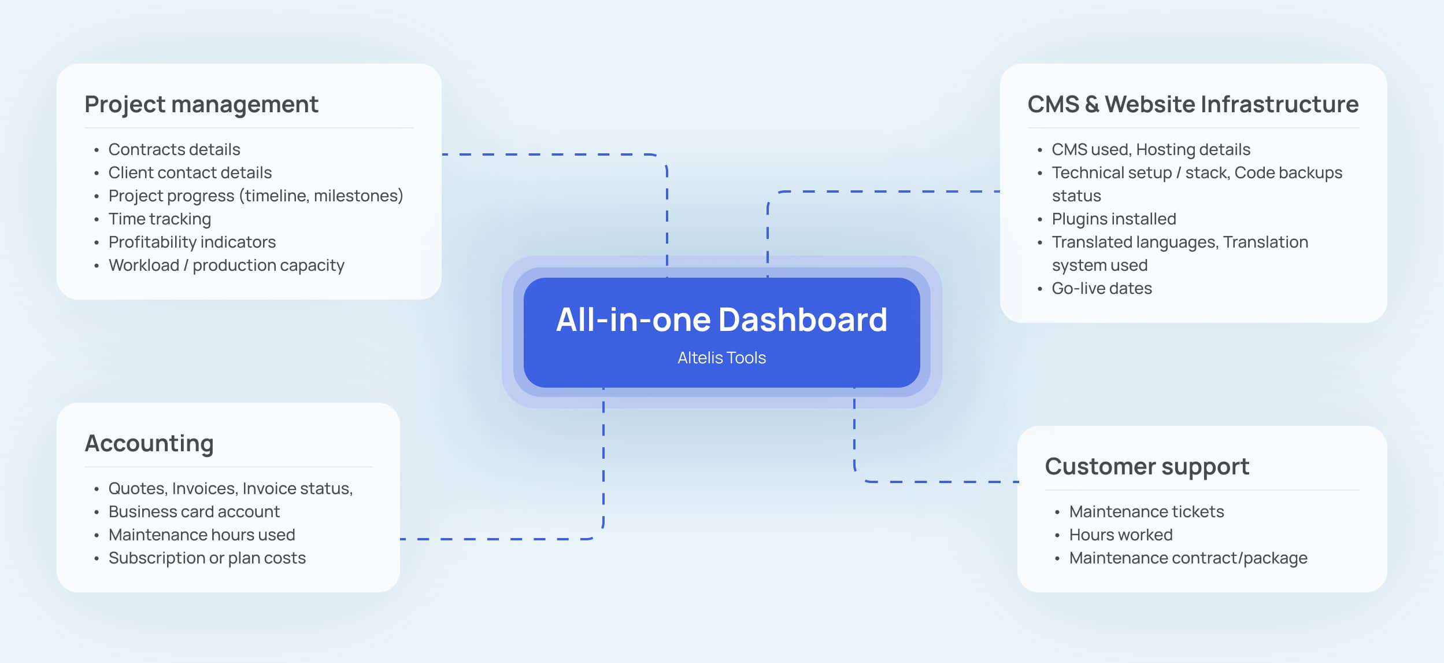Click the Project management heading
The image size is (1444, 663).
201,105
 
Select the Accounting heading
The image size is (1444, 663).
149,444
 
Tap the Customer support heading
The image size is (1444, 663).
1147,467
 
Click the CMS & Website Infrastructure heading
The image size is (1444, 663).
1193,105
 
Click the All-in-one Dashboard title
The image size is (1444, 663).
721,320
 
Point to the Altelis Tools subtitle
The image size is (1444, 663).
721,358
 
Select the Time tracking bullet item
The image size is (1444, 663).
160,219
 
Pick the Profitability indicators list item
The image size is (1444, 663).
192,242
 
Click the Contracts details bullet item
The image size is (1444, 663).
174,150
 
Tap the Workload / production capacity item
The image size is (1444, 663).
226,266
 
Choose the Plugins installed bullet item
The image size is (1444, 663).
1113,219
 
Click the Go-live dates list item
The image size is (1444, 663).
1101,289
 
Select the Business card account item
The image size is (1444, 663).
194,512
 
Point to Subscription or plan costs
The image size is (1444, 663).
207,558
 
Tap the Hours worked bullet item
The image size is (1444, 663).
1120,535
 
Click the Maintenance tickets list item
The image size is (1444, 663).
1146,512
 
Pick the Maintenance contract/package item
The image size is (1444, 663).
1188,558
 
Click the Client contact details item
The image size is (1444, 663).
190,173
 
